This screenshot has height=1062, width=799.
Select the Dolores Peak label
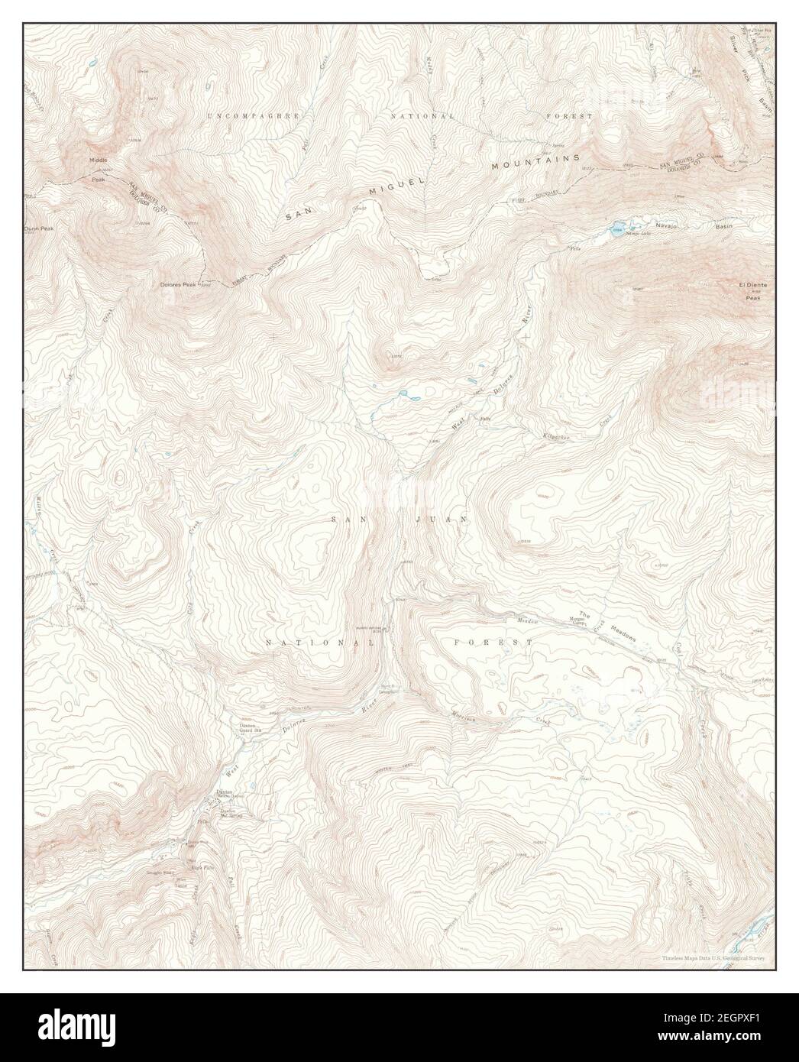[178, 285]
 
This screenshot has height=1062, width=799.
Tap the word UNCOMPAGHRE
[254, 115]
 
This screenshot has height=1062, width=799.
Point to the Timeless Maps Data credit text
[714, 957]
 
